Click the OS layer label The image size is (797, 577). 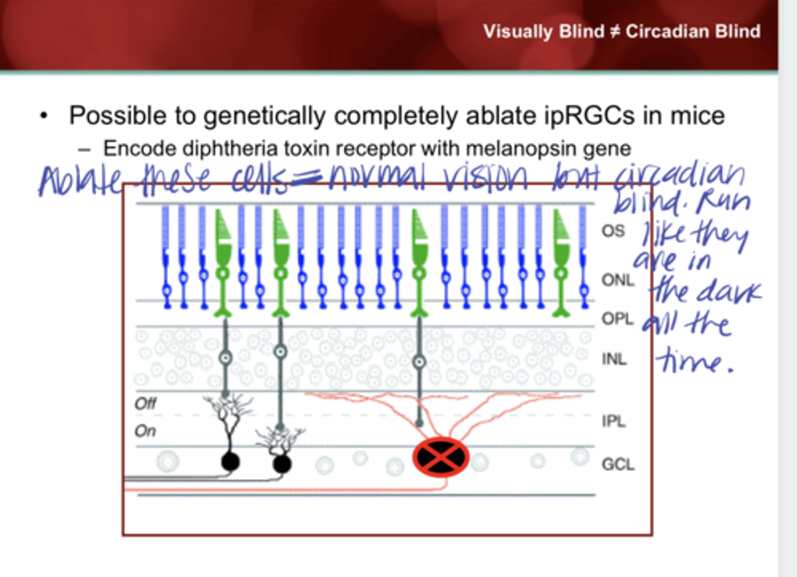(x=613, y=230)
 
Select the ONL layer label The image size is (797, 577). (x=618, y=280)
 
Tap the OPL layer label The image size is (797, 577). (x=618, y=319)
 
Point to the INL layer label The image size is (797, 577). (x=614, y=359)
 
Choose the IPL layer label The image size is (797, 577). (x=614, y=421)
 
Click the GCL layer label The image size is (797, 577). (x=618, y=464)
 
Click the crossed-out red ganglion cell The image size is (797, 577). (x=441, y=457)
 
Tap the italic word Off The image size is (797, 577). (x=146, y=403)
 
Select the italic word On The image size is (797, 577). (x=145, y=431)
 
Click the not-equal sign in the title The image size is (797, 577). (x=614, y=32)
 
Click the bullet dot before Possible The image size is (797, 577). (x=44, y=116)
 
